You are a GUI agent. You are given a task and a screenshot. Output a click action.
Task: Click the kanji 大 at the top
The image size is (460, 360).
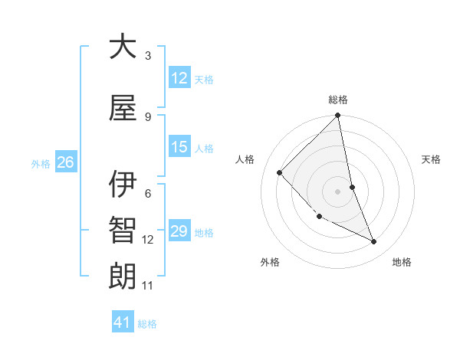[123, 47]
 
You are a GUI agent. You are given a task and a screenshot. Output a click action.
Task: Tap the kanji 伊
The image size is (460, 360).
[123, 185]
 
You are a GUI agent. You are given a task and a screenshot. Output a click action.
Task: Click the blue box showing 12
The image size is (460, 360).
[179, 78]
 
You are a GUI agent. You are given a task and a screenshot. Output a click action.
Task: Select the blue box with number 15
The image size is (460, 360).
[179, 148]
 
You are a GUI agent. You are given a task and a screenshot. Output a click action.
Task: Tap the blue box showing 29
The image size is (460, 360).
[179, 232]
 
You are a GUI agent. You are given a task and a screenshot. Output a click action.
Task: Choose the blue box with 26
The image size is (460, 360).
[65, 162]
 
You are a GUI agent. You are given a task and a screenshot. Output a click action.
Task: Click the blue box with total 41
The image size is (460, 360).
[123, 322]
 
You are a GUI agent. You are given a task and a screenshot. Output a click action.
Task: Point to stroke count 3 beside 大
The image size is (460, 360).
[148, 56]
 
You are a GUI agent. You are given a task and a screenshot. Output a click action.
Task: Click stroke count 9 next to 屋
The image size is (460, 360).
[148, 116]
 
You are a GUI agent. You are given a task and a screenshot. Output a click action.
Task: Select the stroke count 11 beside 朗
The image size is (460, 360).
[148, 286]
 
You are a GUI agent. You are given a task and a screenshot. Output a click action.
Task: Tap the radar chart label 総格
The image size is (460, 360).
[338, 100]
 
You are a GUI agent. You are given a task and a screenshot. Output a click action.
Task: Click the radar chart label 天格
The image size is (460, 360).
[432, 159]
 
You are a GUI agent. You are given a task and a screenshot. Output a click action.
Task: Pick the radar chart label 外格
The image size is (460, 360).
[270, 262]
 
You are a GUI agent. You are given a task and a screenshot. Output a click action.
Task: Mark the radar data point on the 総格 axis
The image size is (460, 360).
[338, 116]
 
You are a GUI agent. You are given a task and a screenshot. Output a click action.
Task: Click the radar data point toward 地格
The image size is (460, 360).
[374, 242]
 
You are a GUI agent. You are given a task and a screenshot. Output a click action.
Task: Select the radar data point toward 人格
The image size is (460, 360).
[280, 172]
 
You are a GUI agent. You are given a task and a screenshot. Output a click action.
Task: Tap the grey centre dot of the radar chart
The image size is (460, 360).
[338, 191]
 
